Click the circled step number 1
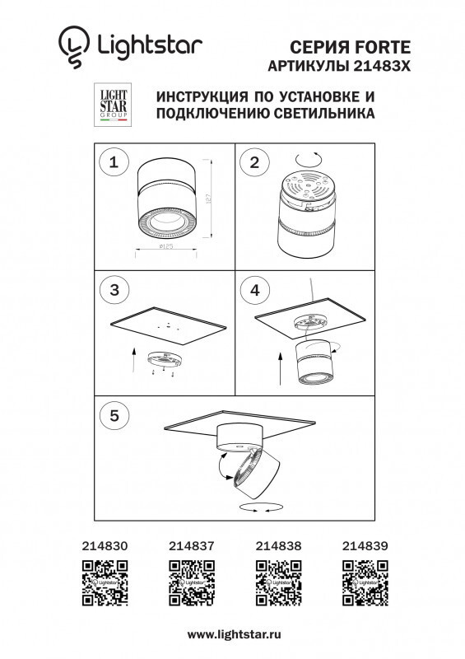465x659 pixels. point(114,162)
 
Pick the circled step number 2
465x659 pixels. point(254,162)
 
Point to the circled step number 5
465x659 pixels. point(114,415)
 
